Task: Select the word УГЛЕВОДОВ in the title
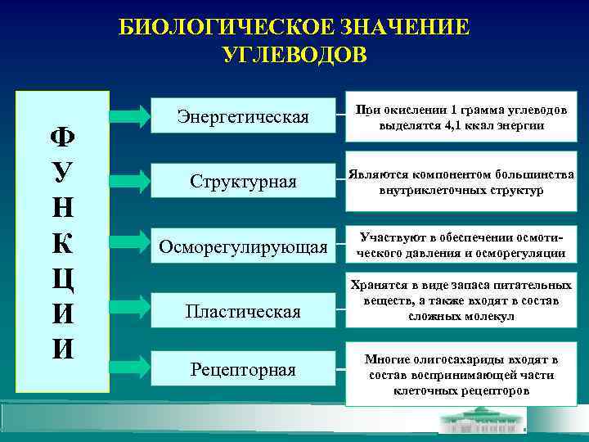click(294, 54)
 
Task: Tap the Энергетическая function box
click(243, 117)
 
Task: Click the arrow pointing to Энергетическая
click(130, 117)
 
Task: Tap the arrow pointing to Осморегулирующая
click(130, 246)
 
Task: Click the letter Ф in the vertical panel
click(62, 135)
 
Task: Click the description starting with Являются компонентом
click(461, 182)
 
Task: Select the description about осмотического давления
click(461, 246)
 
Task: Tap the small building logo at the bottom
click(483, 422)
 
